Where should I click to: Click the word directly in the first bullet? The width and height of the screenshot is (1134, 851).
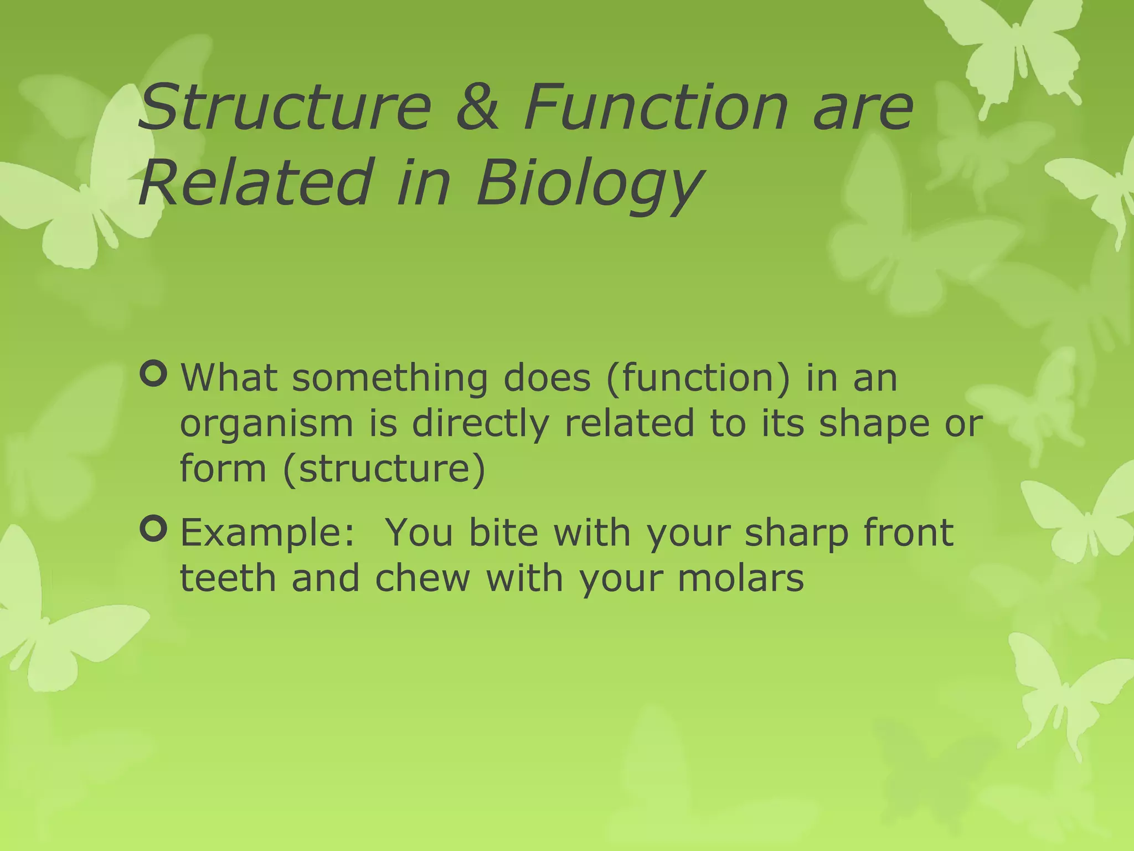pos(480,424)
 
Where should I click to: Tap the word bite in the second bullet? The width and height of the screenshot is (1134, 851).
pos(503,532)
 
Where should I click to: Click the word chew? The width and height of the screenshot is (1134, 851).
pos(422,578)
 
